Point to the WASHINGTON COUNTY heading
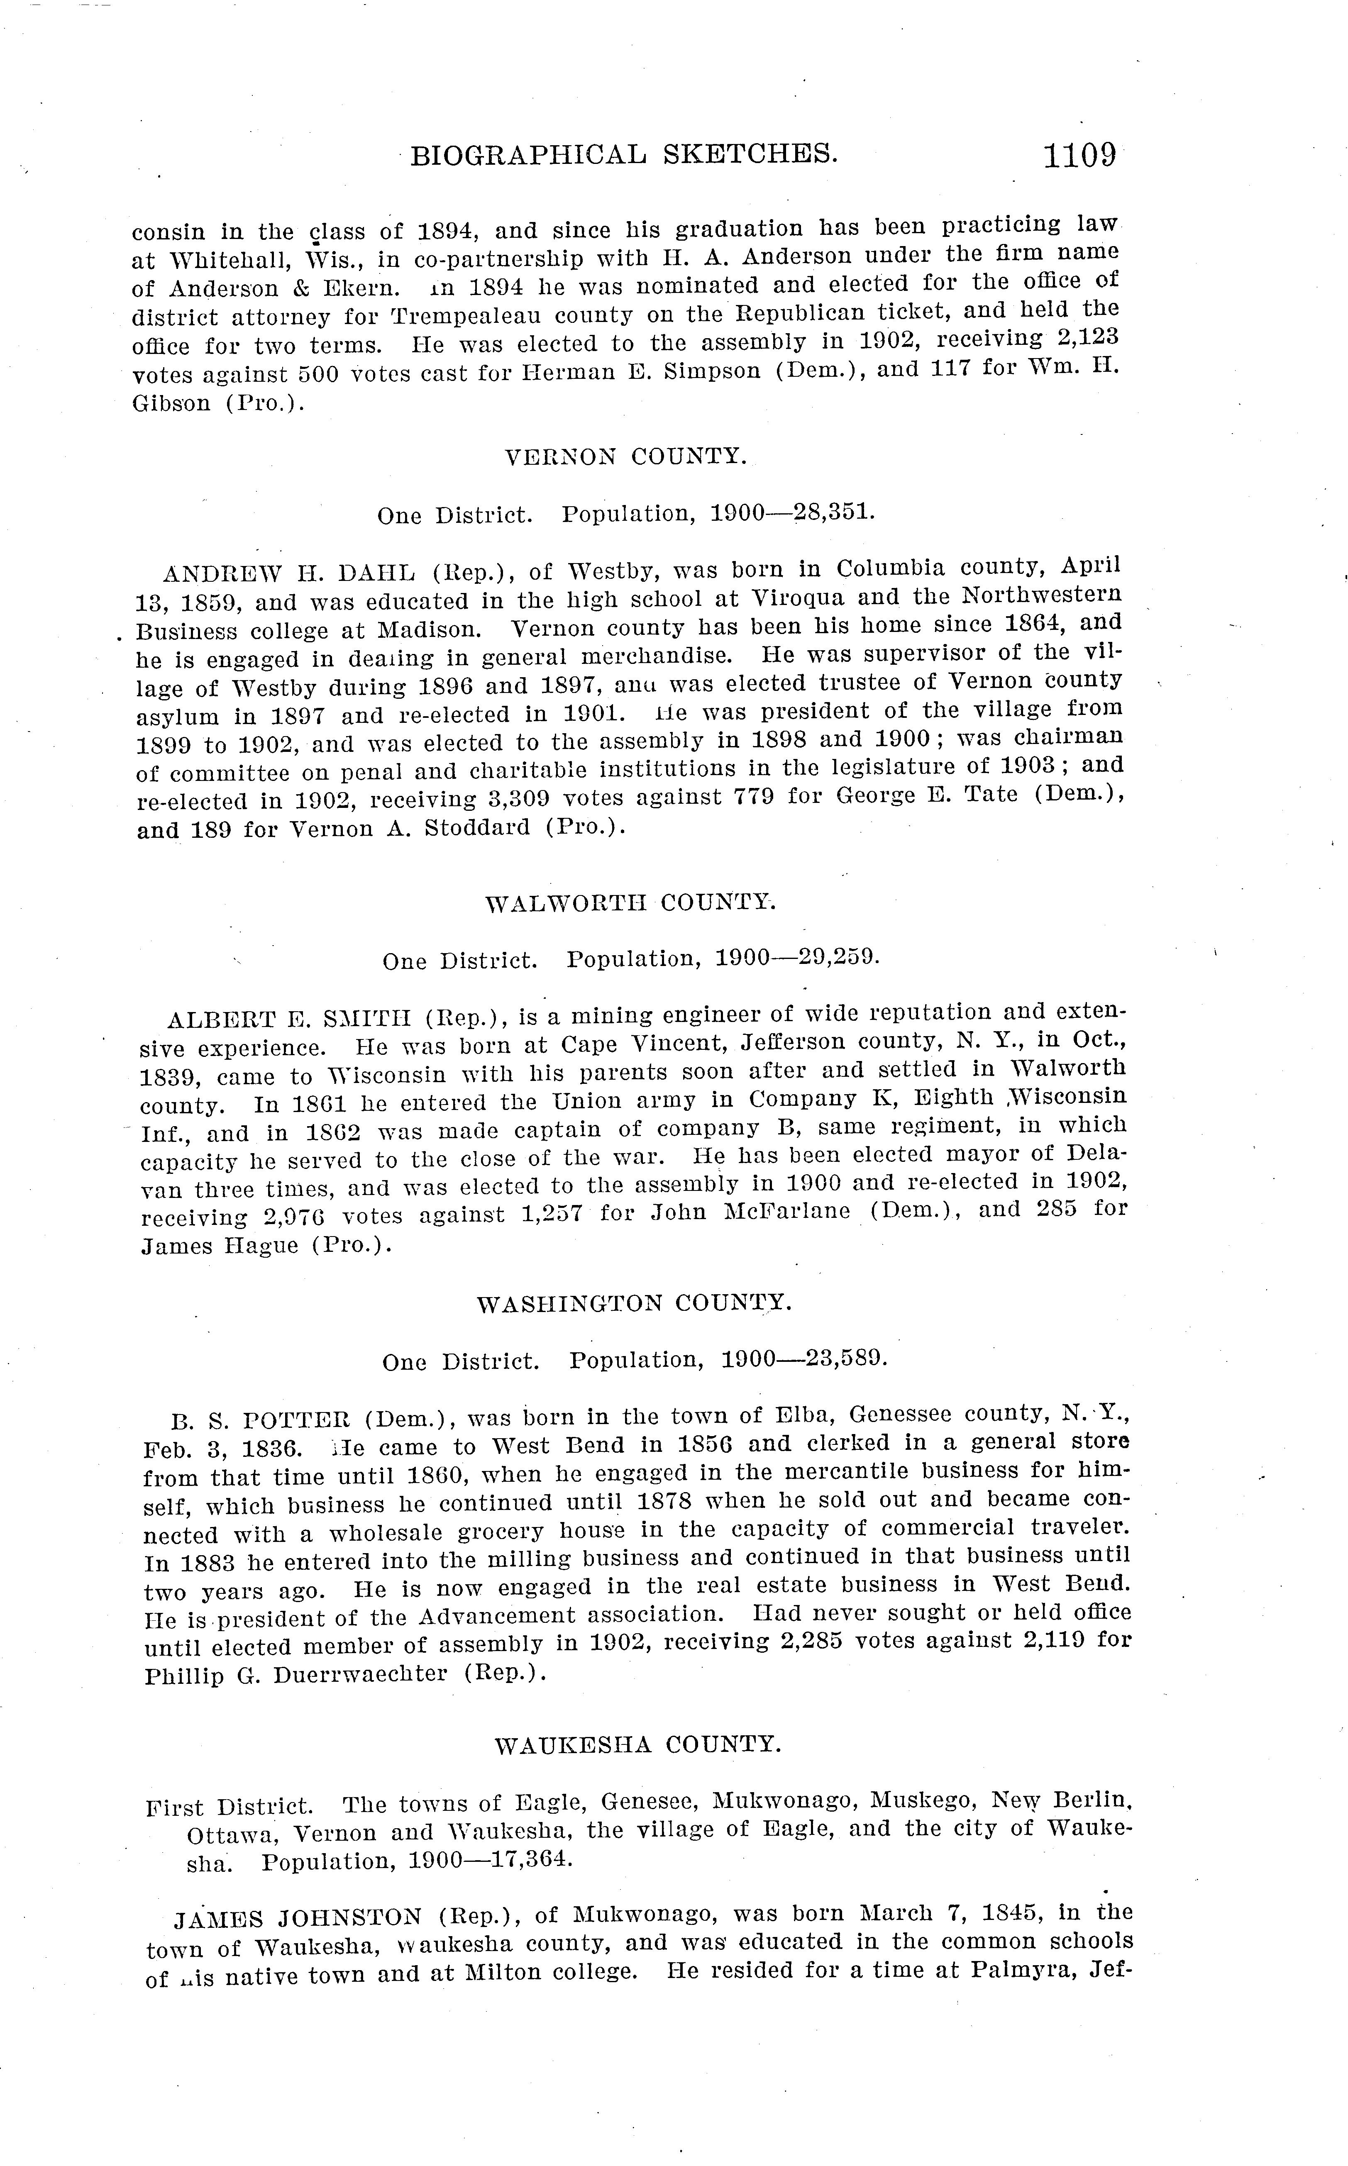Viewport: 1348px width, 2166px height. pyautogui.click(x=634, y=1304)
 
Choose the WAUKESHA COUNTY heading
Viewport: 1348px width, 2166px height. pyautogui.click(x=637, y=1744)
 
